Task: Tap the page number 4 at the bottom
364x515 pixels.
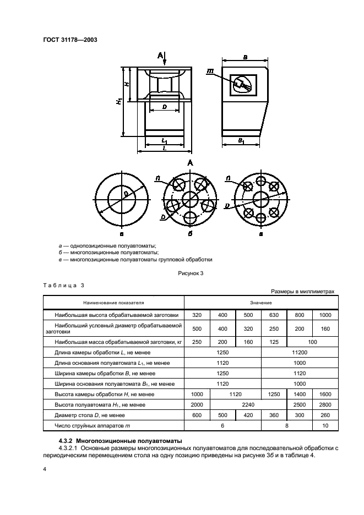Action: pyautogui.click(x=45, y=468)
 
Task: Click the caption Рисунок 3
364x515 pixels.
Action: pyautogui.click(x=191, y=273)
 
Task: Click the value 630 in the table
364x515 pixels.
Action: pyautogui.click(x=274, y=315)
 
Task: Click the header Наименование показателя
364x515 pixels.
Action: pyautogui.click(x=114, y=303)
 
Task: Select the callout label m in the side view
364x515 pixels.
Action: pyautogui.click(x=211, y=71)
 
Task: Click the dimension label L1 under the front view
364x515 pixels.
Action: pyautogui.click(x=165, y=141)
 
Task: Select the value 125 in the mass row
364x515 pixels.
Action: pyautogui.click(x=274, y=341)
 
